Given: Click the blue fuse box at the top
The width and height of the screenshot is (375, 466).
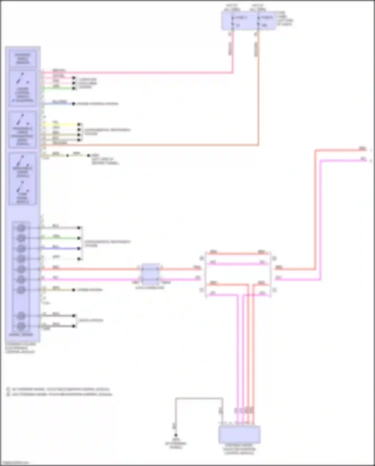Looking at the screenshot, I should click(248, 21).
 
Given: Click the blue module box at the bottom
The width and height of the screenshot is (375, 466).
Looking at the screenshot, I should click(239, 434).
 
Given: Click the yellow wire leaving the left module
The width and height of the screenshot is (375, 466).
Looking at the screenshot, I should click(61, 124).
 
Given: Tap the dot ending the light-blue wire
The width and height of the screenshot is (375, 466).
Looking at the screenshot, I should click(73, 104).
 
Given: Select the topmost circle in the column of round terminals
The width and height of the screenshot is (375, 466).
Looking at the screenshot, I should click(21, 228).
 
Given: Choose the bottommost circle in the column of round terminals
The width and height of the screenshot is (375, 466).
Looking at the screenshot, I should click(21, 326).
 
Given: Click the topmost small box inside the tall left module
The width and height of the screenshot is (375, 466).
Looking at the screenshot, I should click(23, 59).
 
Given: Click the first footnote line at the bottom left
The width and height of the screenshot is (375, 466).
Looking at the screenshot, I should click(60, 389).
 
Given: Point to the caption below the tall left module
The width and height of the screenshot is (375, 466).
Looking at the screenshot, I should click(20, 348).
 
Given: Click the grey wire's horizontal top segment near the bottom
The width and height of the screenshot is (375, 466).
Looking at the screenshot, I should click(199, 398).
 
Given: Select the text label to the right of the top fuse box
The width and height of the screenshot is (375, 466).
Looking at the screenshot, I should click(284, 18).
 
